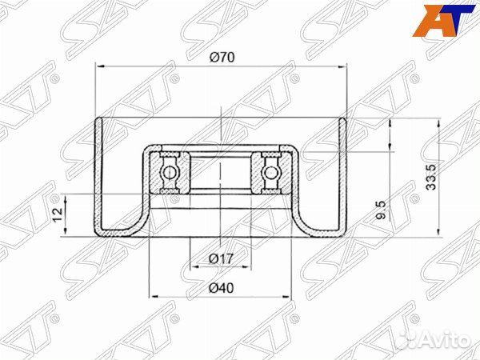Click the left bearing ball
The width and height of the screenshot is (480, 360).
pos(170,171)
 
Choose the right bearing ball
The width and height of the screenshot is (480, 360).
pos(270,171)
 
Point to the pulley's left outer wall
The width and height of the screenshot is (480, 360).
pos(98,176)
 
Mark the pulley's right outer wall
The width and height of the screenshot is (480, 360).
pos(345,176)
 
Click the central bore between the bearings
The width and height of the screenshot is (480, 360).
pos(220,171)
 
